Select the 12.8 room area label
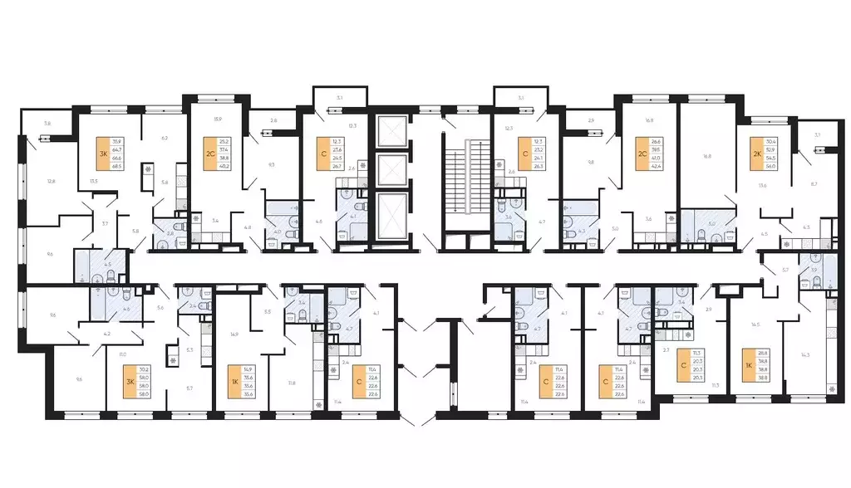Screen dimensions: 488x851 tap(51, 181)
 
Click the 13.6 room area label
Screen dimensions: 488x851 tap(762, 187)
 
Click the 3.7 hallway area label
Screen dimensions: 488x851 tap(105, 223)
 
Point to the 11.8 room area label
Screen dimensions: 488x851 tap(292, 383)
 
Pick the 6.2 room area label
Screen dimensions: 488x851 tap(164, 138)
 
